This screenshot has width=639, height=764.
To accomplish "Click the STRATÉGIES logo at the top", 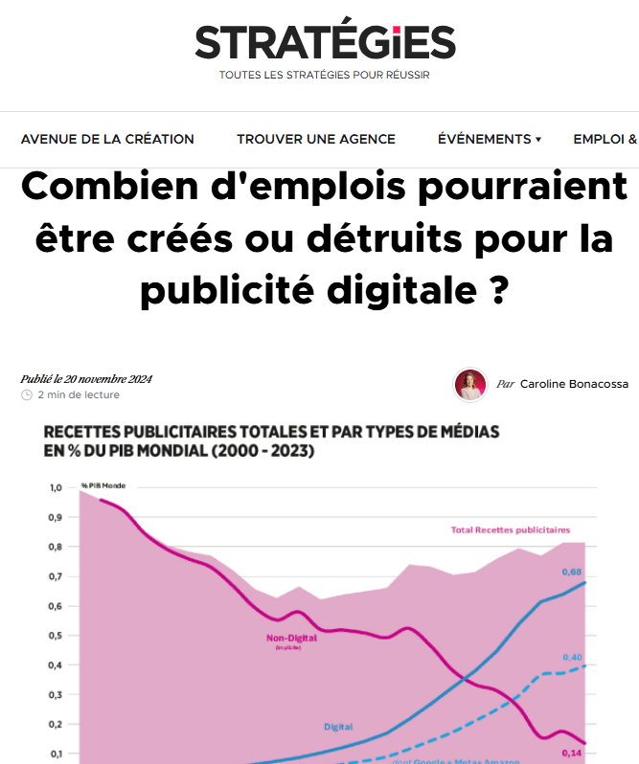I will tap(325, 42).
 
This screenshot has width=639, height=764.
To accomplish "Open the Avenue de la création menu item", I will tap(107, 139).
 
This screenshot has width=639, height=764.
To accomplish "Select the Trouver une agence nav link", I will tap(316, 139).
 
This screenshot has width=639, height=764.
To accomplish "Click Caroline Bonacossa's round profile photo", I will tap(469, 384).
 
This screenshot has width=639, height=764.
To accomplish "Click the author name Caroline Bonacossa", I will tap(574, 384).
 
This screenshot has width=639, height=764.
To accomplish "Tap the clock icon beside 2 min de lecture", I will tap(27, 394).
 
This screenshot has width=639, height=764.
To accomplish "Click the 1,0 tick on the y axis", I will tap(56, 488).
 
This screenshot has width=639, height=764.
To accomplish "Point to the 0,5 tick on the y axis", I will tap(56, 636).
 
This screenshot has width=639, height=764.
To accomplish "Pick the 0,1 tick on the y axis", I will tap(56, 753).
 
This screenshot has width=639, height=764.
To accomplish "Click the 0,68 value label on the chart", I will tap(572, 573).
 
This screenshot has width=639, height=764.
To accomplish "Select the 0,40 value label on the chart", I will tap(572, 657).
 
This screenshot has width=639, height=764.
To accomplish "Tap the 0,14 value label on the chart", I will tap(572, 753).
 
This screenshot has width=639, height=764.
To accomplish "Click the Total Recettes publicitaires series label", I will tap(510, 529).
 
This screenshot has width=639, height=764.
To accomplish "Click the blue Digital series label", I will tap(338, 728).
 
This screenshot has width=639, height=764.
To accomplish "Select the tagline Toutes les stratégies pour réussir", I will tap(325, 76).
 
